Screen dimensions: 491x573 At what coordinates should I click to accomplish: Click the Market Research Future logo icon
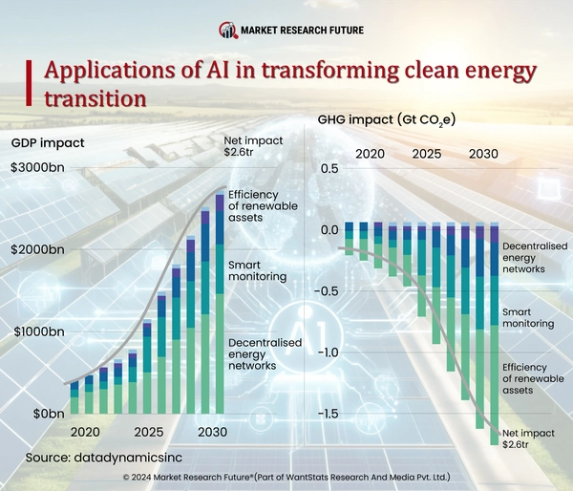tap(227, 30)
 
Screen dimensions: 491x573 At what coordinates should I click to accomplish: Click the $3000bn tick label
tap(38, 168)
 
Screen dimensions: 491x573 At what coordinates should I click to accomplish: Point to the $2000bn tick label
tap(38, 250)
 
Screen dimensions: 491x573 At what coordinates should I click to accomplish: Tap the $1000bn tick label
tap(38, 332)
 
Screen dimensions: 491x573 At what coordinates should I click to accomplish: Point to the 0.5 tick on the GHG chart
tap(329, 169)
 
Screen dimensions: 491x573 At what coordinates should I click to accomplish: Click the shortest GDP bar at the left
tap(74, 397)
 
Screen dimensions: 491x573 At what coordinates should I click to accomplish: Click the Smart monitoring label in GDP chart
tap(258, 270)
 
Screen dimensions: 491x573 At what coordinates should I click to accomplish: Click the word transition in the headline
tap(95, 98)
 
